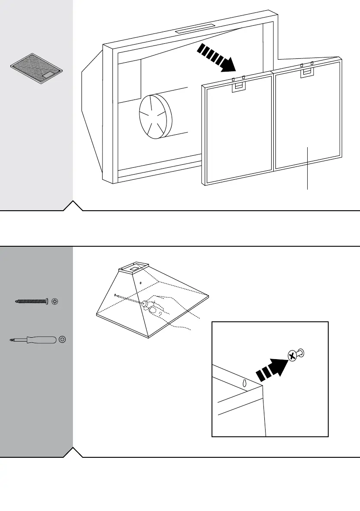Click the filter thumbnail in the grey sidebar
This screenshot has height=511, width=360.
(36, 69)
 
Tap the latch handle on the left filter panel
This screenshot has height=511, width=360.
(238, 87)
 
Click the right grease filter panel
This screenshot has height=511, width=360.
(308, 120)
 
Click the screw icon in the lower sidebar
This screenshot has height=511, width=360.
(32, 302)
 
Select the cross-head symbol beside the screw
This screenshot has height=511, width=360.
(54, 302)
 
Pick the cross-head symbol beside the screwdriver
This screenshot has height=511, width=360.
(63, 340)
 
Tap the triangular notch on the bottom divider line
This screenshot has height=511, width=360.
(73, 452)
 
